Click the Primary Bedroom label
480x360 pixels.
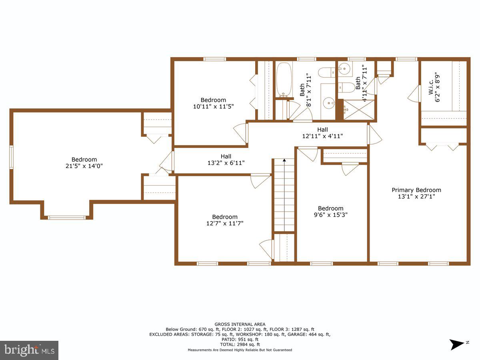(416, 190)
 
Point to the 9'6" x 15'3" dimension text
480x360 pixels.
(330, 215)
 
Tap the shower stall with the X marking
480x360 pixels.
(360, 110)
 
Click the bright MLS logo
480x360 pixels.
(29, 350)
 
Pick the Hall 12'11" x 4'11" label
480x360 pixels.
(322, 136)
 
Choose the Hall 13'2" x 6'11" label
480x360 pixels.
(226, 163)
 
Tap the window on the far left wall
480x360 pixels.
(12, 157)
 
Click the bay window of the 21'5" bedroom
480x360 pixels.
(66, 218)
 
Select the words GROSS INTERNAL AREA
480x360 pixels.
(240, 324)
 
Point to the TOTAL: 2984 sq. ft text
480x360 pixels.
(240, 344)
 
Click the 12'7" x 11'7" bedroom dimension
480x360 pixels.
(224, 223)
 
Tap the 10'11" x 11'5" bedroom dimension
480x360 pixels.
(213, 106)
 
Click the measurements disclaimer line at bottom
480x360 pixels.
(240, 350)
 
